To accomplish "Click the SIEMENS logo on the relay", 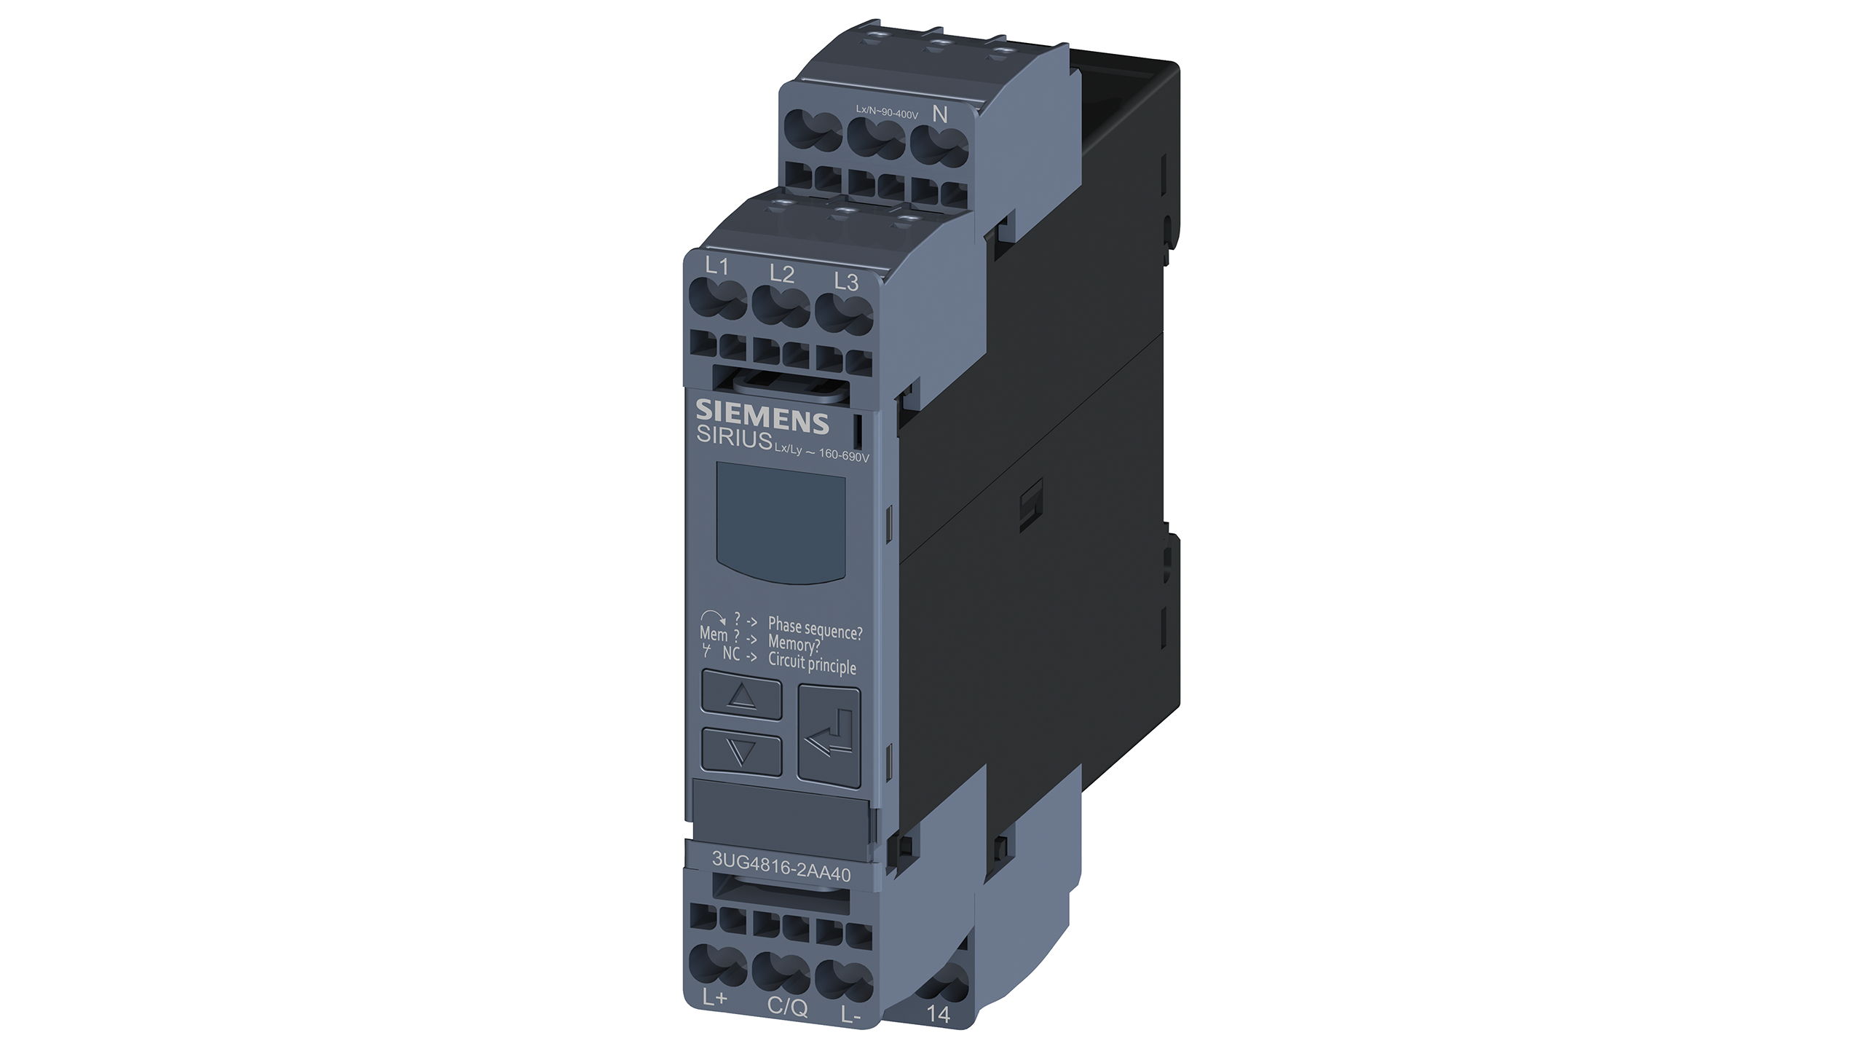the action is pos(762,417).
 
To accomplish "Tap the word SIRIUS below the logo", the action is pos(734,438).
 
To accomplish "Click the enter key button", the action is pos(829,737).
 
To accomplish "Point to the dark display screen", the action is pos(781,522).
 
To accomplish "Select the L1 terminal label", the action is pos(717,266).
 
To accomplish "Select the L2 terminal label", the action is pos(781,274).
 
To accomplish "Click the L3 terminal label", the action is pos(846,282).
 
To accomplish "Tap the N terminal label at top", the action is pos(940,114).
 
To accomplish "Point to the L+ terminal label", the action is pos(714,999).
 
